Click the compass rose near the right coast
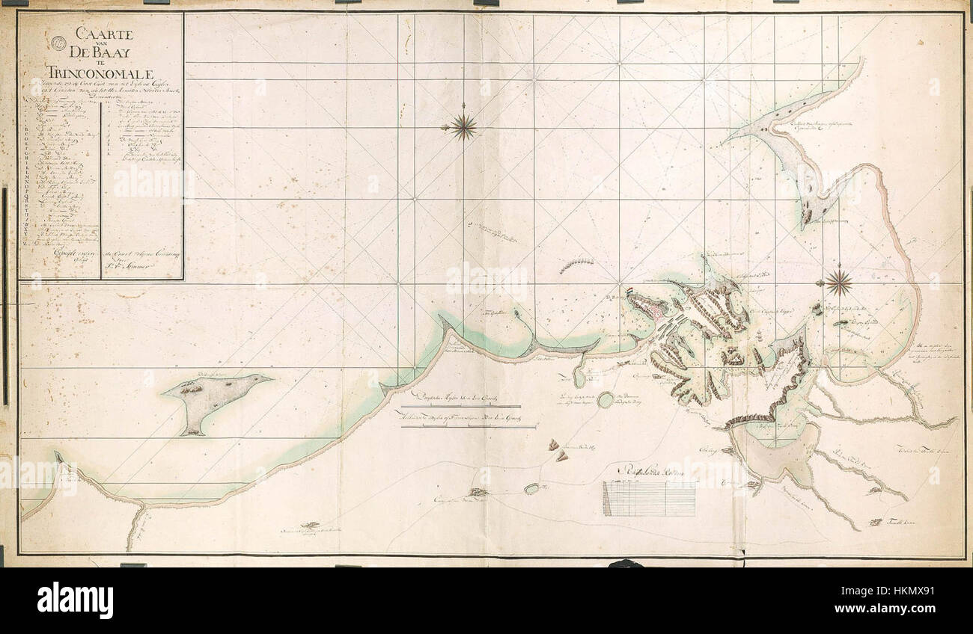tap(839, 282)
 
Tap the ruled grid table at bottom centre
tap(650, 498)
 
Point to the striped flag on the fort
tap(631, 292)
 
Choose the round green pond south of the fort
tap(606, 399)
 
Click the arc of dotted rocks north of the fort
tap(577, 262)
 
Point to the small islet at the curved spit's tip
tap(516, 315)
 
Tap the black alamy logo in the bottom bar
tap(75, 600)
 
